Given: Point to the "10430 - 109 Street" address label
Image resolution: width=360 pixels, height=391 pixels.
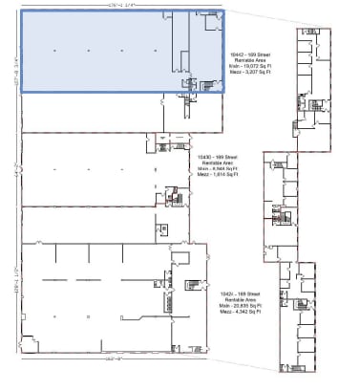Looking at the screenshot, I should point(217,155).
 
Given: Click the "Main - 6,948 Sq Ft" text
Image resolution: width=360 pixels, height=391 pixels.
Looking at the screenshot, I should point(217,166).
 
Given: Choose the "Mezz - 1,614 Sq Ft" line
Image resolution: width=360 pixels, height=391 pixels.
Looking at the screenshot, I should point(217,172).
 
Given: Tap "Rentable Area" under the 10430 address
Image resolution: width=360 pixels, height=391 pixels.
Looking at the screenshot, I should point(217,161).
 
